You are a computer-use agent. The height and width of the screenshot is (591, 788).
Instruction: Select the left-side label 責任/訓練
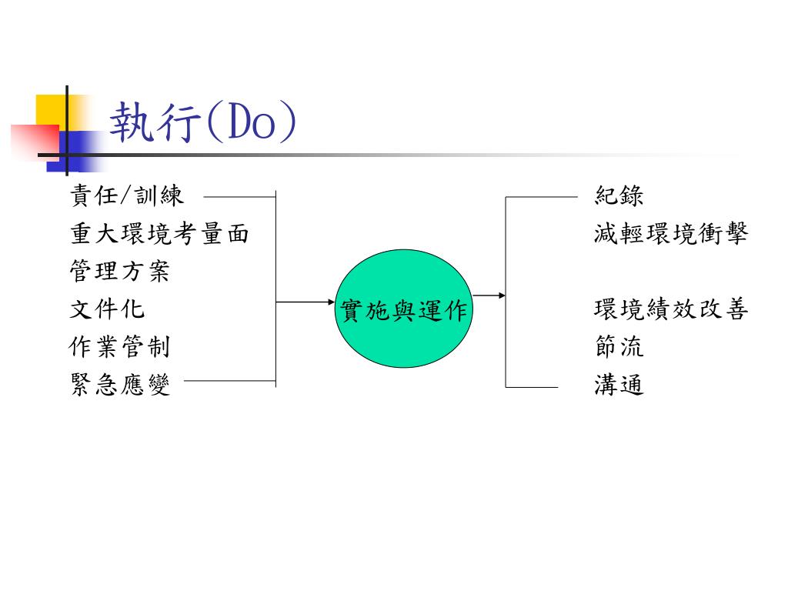tap(128, 195)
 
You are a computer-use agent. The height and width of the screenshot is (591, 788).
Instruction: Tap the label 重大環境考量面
tap(160, 233)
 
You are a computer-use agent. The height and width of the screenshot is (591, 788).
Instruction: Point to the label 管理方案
tap(119, 271)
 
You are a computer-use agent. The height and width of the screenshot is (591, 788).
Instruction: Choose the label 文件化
tap(107, 309)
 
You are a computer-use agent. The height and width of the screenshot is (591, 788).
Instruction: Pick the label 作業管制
tap(119, 347)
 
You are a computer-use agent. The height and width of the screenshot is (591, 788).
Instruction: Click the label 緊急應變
tap(119, 384)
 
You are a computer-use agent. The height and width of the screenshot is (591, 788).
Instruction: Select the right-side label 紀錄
tap(619, 195)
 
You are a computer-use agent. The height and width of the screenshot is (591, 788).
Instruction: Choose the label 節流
tap(619, 347)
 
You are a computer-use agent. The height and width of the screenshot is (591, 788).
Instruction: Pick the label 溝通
tap(619, 384)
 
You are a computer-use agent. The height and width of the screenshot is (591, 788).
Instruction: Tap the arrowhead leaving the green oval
tap(501, 295)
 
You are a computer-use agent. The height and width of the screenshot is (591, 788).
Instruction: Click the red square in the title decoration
tap(32, 140)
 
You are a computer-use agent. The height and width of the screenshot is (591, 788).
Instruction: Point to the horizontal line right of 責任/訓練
tap(239, 197)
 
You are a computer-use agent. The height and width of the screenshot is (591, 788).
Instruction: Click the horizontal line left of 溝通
tap(531, 386)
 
